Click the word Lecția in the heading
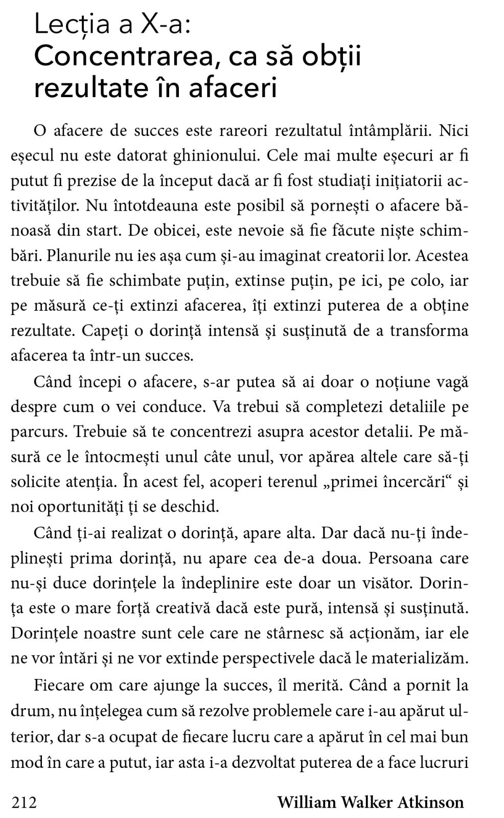(x=72, y=25)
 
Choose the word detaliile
(x=414, y=407)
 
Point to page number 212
(x=24, y=802)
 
